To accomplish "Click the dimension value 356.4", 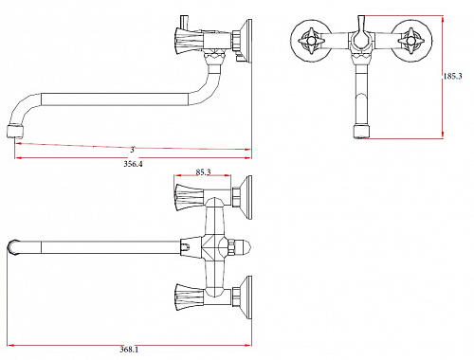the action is coord(133,164).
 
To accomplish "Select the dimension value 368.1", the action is coord(129,350).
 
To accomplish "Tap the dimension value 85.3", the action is coord(203,172).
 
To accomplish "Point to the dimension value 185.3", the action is coord(452,76).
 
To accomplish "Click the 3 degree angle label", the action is coord(133,150).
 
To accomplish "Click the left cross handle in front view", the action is coord(311,41).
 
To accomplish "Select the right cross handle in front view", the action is coord(410,41).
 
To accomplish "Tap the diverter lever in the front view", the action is coord(361,31).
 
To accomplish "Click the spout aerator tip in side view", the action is coord(15,132).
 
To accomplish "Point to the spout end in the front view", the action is coord(361,132).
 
